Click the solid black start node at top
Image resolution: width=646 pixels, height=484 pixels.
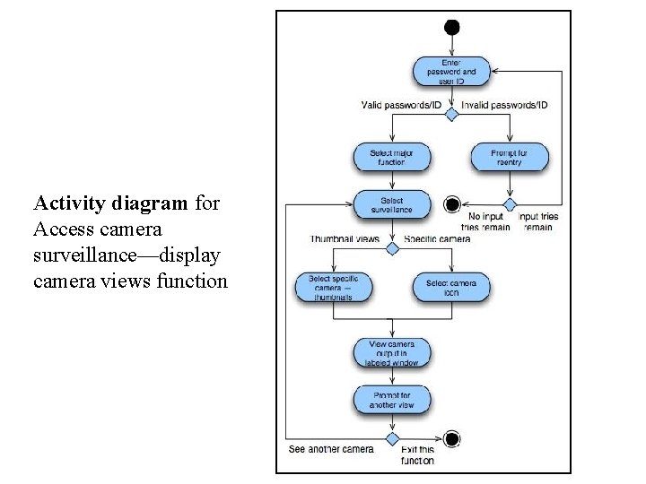[451, 27]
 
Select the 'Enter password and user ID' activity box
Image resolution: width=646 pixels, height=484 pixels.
[451, 71]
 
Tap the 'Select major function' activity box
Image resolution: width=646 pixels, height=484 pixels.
[391, 159]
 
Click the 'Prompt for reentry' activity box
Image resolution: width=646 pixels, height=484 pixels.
[510, 159]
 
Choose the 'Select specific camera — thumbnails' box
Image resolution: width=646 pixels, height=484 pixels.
[333, 287]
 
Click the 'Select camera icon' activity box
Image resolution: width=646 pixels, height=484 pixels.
[450, 287]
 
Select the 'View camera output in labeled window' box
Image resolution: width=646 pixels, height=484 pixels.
[391, 352]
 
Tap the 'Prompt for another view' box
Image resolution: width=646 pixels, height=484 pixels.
[391, 400]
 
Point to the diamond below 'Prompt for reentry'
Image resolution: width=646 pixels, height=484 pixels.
[510, 204]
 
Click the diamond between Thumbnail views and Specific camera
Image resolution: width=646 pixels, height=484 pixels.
[391, 248]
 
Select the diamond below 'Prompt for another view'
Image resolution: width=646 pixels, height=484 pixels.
[391, 439]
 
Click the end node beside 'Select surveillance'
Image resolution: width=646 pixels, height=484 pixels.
[452, 205]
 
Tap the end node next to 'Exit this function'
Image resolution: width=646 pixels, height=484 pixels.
[452, 438]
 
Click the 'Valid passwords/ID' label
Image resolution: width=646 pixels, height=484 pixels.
[401, 105]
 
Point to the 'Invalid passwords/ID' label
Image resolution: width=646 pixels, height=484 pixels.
[504, 105]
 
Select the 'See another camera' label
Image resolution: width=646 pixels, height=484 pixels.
[331, 449]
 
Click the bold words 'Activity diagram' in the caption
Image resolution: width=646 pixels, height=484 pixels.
[112, 203]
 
